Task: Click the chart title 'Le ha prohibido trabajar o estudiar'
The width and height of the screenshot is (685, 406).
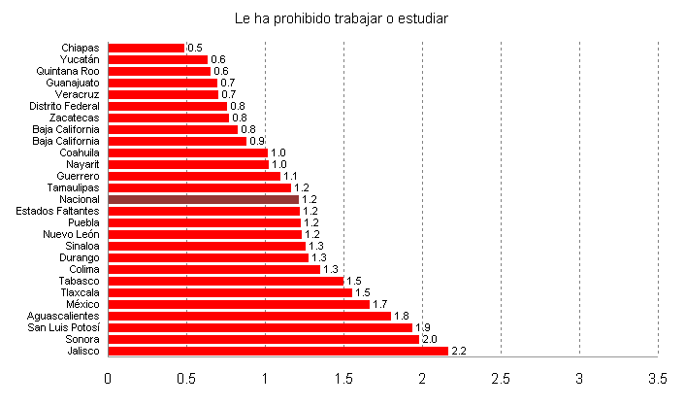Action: coord(342,17)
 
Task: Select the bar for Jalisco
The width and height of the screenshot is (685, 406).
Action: coord(277,351)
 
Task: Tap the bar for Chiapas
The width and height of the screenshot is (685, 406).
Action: coord(146,48)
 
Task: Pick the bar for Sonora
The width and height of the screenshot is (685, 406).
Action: coord(263,339)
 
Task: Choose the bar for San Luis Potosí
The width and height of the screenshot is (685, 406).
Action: coord(260,327)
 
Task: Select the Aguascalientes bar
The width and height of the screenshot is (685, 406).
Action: coord(249,316)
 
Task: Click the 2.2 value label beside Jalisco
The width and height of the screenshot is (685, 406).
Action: coord(460,351)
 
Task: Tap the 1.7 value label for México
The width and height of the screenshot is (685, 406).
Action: coord(380,304)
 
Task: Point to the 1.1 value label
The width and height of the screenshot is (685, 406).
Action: coord(290,176)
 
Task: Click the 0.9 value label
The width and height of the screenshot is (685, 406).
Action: coord(257,141)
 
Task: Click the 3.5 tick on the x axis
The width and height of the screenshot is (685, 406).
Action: coord(658,377)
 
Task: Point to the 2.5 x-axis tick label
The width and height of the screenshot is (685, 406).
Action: coord(501,377)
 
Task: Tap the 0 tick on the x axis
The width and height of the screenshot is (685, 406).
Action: coord(108,377)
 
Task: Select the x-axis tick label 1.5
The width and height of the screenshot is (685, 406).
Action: coord(343,377)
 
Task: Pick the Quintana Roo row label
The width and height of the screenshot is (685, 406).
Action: coord(67,71)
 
